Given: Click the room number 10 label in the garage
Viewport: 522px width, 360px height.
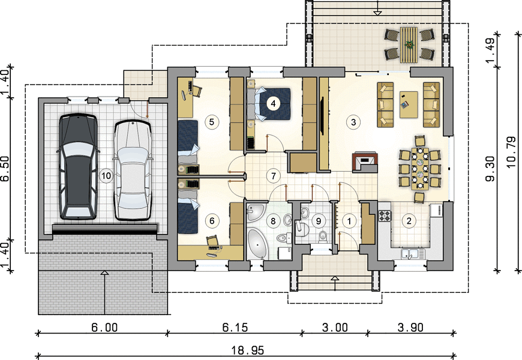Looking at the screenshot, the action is tap(106, 175).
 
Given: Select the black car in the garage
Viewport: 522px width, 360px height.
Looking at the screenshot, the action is tap(78, 167).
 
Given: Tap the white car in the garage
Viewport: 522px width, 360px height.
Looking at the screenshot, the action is tap(133, 170).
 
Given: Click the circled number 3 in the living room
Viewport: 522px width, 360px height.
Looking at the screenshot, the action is tap(353, 122).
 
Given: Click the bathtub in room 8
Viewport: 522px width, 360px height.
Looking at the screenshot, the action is tap(257, 244).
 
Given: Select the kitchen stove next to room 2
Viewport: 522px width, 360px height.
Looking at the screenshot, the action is tap(385, 215).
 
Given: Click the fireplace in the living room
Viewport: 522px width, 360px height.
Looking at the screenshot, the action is tap(365, 162).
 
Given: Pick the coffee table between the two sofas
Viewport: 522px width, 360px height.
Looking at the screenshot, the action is tap(409, 104).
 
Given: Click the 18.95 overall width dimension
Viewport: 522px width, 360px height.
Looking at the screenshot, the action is tap(248, 350).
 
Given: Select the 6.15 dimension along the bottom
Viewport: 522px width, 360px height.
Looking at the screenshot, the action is tap(235, 328).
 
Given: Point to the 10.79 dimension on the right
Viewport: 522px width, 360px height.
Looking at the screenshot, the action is tap(511, 152).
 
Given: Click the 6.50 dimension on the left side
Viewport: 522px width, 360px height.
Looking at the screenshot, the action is tap(5, 169).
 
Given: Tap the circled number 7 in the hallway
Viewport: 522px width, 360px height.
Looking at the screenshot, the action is tap(274, 176).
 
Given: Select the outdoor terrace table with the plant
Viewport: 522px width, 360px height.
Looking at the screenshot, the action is tap(409, 44).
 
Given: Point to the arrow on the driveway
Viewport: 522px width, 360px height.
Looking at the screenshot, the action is tap(104, 292).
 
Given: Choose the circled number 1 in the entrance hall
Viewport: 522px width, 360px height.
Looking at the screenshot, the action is tap(349, 221).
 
